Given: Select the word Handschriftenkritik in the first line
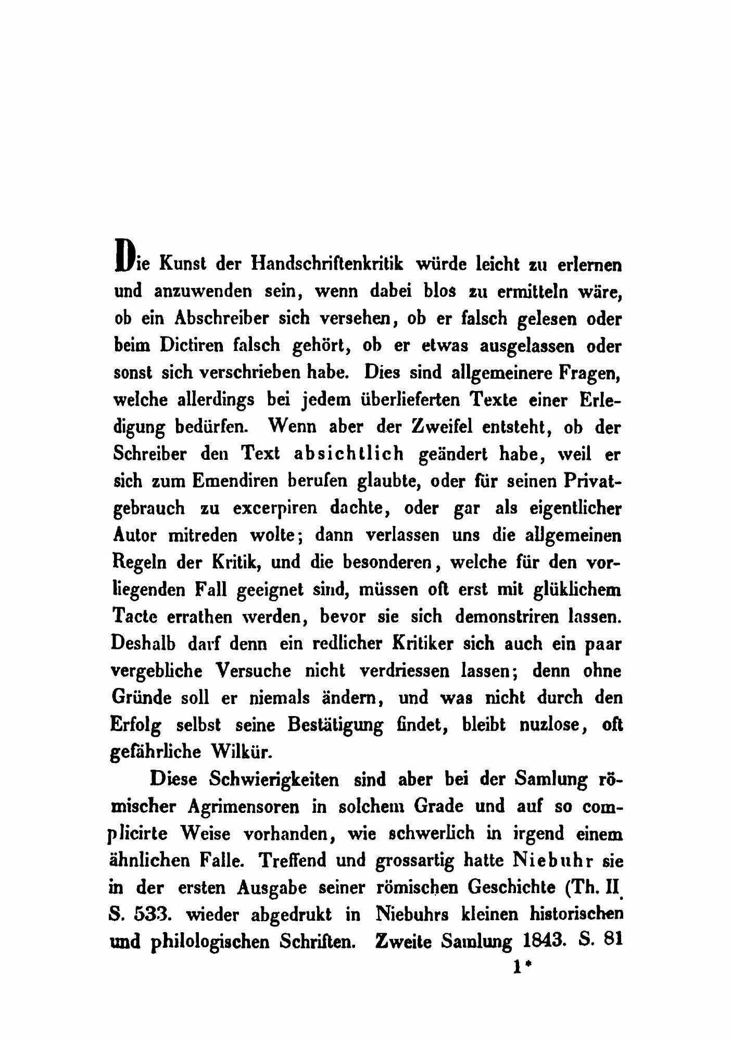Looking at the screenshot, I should click(x=327, y=264).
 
